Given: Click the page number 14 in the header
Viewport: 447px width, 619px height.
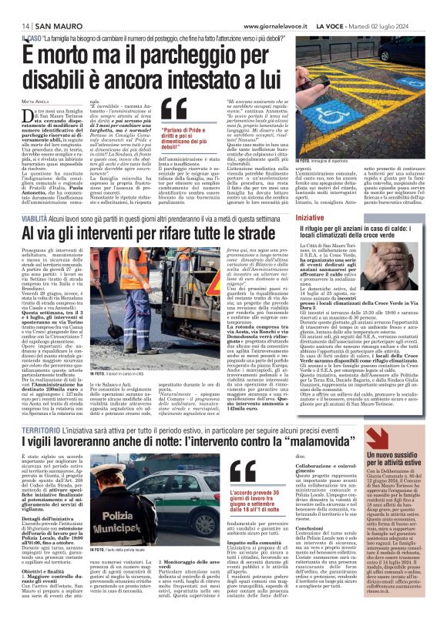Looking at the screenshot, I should pos(15,25).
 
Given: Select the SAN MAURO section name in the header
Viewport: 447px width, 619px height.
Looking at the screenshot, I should pos(46,25).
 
